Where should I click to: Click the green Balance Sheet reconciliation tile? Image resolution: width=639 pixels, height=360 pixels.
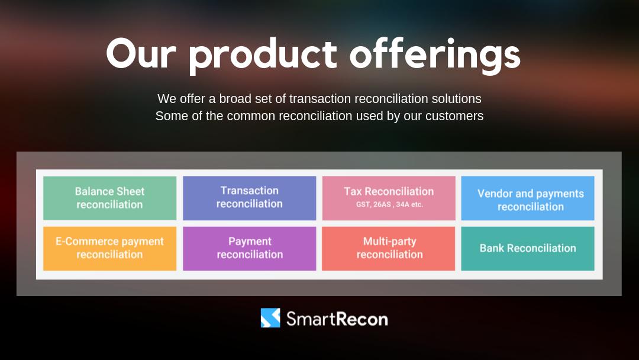tap(109, 198)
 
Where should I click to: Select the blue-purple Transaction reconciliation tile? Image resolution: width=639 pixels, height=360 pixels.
tap(249, 198)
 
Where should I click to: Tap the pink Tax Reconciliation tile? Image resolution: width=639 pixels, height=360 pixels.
tap(389, 198)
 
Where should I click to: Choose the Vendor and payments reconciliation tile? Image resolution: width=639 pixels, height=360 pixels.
tap(528, 198)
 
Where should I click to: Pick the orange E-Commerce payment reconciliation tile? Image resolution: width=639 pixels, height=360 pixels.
tap(109, 248)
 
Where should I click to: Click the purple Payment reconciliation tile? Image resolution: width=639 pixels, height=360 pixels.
tap(249, 248)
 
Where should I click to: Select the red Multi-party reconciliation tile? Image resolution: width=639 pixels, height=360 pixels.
tap(389, 248)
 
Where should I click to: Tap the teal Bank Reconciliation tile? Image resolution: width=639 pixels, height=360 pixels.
tap(528, 248)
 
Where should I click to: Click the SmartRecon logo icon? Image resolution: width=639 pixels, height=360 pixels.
tap(270, 318)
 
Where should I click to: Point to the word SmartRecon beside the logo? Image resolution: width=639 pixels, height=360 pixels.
tap(337, 319)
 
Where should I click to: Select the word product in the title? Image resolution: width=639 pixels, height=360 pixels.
tap(263, 55)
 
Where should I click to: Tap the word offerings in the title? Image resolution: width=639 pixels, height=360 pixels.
tap(435, 55)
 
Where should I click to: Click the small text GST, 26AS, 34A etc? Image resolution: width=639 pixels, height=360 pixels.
tap(389, 205)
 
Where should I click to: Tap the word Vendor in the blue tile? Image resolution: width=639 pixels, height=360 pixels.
tap(495, 194)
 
